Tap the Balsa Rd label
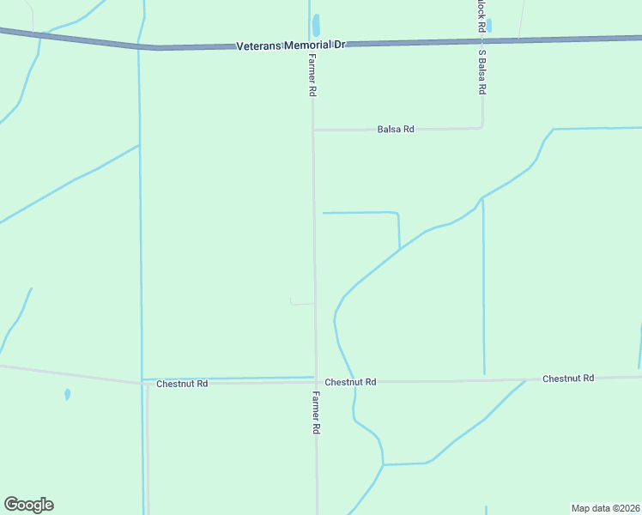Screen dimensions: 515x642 [x=396, y=130]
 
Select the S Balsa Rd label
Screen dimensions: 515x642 [x=483, y=72]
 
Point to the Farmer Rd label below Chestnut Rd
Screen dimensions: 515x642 [x=316, y=412]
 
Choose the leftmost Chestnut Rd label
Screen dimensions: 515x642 [x=182, y=384]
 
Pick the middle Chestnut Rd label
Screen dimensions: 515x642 [x=351, y=382]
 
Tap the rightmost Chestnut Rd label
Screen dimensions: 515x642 [x=568, y=379]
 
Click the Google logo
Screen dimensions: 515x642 [x=28, y=505]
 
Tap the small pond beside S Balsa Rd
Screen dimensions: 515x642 [x=489, y=26]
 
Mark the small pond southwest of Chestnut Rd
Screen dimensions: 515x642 [x=67, y=395]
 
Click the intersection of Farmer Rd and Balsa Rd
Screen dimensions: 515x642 [x=313, y=130]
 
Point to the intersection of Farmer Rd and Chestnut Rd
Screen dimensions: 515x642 [x=315, y=381]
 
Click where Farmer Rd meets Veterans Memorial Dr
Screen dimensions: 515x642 [x=311, y=45]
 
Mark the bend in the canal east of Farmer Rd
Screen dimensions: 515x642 [x=398, y=214]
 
